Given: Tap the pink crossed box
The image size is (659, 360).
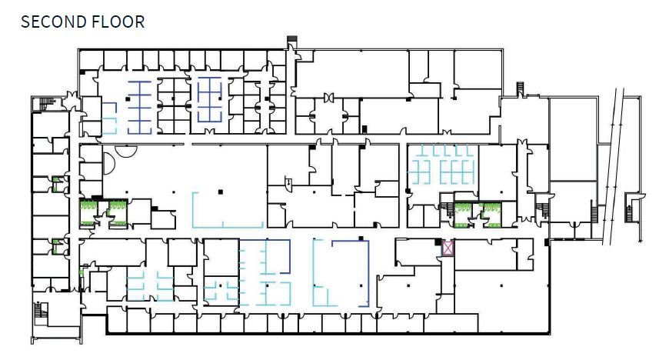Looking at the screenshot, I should pos(448,248).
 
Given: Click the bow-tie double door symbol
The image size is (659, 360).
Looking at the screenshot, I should pos(328,97).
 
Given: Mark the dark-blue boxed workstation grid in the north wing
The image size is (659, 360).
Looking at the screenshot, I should pos(209,100).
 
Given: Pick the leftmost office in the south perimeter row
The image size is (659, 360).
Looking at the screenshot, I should pos(116,319).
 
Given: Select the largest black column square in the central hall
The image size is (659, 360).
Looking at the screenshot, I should pos(220,190).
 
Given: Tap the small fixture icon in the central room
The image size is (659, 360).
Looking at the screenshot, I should pos(288,182).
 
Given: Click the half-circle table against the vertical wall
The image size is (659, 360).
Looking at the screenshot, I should pos(109,161).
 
